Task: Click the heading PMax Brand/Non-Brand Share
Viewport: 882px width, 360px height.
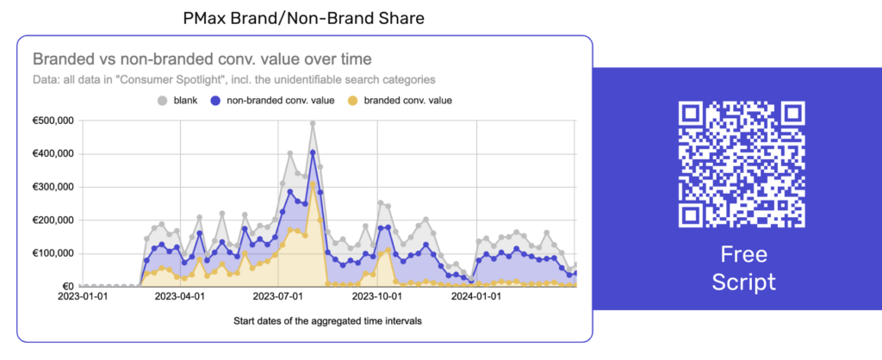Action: click(x=304, y=16)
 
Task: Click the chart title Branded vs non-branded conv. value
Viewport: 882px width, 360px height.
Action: click(x=202, y=59)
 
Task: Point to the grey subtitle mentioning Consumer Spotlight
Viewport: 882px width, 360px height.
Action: click(x=233, y=79)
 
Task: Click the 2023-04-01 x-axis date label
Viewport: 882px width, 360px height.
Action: click(x=179, y=297)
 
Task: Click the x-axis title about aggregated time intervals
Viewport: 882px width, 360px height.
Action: click(x=327, y=321)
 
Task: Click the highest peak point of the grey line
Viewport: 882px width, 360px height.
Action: click(x=313, y=124)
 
